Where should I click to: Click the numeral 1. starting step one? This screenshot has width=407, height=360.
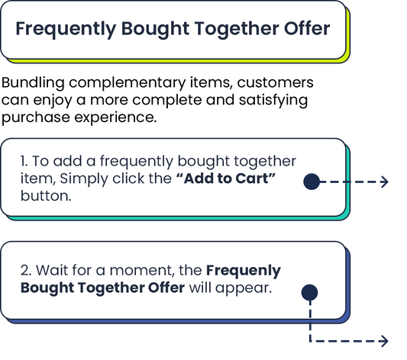24,163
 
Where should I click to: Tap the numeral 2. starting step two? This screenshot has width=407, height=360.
25,272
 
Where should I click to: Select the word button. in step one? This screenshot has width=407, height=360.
45,196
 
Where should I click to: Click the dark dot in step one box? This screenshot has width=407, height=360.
311,181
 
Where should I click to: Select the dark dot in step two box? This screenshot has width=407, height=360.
309,292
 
